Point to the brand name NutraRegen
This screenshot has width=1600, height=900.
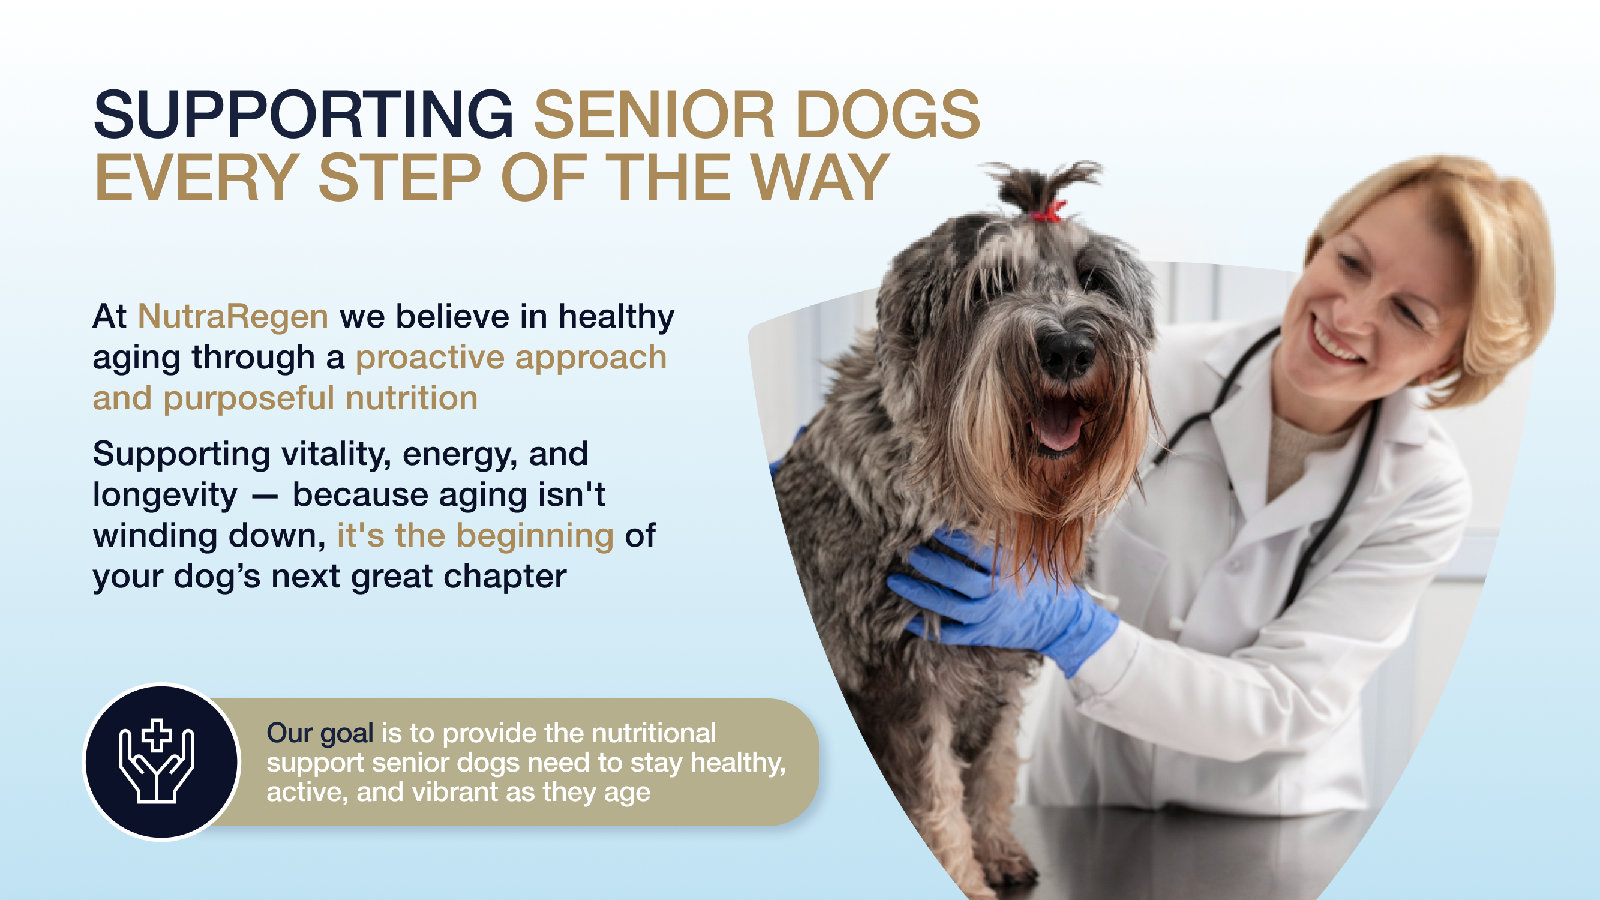tap(233, 316)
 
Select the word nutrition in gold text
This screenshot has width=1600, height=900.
tap(412, 398)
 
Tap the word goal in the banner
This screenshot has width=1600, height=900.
tap(347, 734)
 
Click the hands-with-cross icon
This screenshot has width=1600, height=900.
tap(157, 761)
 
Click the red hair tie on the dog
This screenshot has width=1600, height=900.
tap(1049, 211)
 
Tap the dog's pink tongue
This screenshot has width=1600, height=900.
tap(1058, 424)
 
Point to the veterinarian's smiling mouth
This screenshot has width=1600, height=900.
tap(1335, 341)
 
